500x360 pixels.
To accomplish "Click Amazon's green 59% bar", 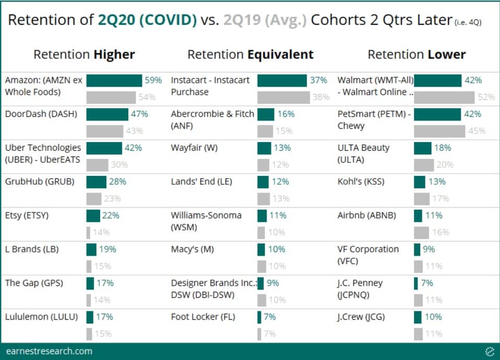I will pyautogui.click(x=114, y=80).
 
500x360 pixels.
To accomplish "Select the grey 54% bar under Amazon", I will pyautogui.click(x=110, y=97).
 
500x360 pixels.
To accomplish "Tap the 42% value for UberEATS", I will pyautogui.click(x=133, y=148).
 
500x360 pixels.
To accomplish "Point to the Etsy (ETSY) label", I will pyautogui.click(x=26, y=215).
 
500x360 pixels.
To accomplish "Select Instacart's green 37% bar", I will pyautogui.click(x=282, y=80).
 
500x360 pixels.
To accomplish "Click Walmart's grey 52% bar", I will pyautogui.click(x=444, y=97).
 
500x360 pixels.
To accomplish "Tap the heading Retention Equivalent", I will pyautogui.click(x=251, y=55).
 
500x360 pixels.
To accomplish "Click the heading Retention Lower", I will pyautogui.click(x=416, y=55).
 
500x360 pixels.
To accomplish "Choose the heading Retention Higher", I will pyautogui.click(x=84, y=55).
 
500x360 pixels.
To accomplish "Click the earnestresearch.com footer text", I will pyautogui.click(x=49, y=351).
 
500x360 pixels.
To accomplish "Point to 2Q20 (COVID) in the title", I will pyautogui.click(x=147, y=20).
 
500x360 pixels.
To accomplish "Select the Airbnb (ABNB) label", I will pyautogui.click(x=367, y=215).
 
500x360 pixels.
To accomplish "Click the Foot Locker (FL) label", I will pyautogui.click(x=203, y=317).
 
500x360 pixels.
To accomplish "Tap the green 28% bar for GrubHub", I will pyautogui.click(x=96, y=182).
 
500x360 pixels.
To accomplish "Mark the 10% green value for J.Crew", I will pyautogui.click(x=433, y=317).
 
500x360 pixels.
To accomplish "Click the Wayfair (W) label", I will pyautogui.click(x=194, y=148).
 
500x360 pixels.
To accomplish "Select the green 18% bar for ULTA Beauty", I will pyautogui.click(x=422, y=148).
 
